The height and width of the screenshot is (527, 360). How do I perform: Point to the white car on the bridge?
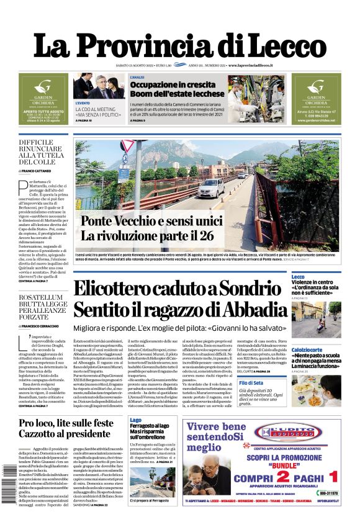212,187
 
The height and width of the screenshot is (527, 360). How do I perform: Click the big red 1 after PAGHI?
333,477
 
